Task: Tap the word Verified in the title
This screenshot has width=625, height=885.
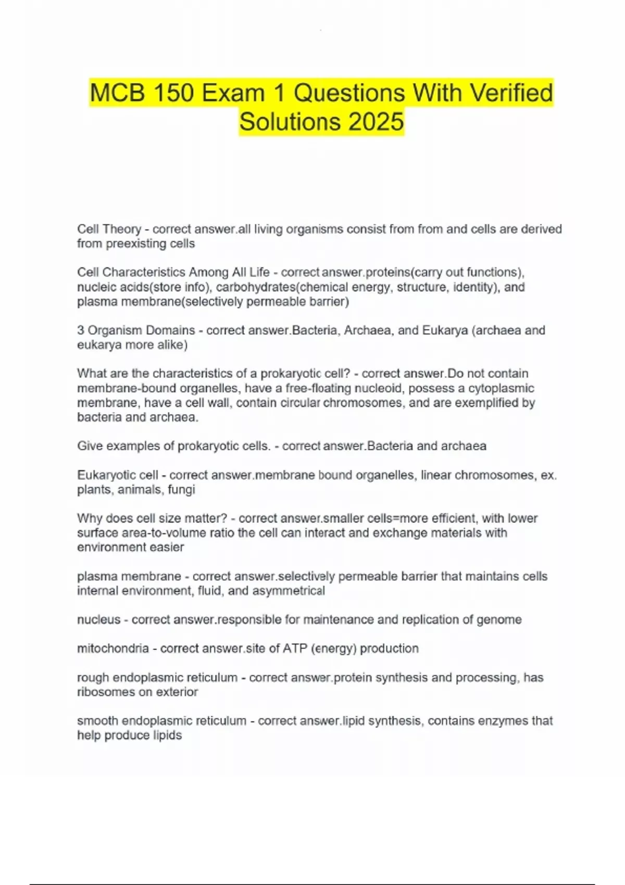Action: (511, 93)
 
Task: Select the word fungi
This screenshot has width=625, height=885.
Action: (181, 489)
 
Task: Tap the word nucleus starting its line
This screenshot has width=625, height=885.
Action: (98, 619)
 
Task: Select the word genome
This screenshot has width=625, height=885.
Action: (502, 619)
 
